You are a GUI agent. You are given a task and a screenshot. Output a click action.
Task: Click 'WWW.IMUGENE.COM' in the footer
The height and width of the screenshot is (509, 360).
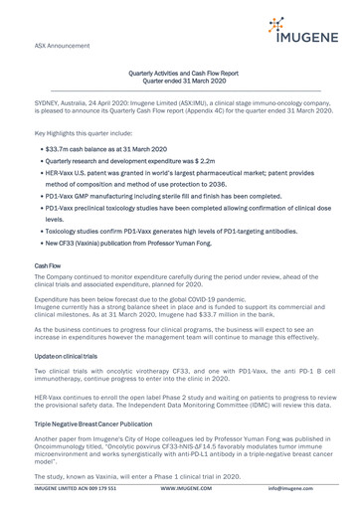pos(179,503)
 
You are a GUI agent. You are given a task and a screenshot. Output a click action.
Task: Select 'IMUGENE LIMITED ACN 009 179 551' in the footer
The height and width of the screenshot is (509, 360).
pos(63,503)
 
